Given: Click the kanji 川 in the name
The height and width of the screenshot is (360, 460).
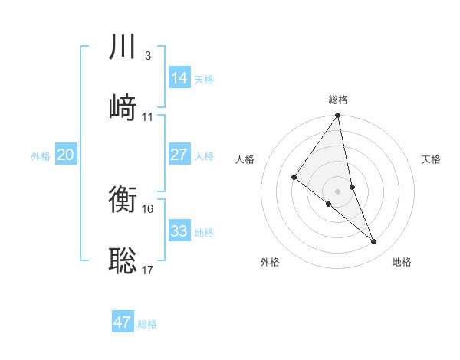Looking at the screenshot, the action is coord(123,47).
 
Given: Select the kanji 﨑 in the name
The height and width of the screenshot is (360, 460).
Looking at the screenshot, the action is coord(123,106).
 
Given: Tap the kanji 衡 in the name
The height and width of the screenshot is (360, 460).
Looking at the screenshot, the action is coord(123,201).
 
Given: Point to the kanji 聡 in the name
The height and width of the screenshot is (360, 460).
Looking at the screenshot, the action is coord(123,260).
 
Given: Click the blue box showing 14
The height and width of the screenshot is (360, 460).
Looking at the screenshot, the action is coord(179,78).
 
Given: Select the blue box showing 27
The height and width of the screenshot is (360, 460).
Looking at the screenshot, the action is coord(179,155).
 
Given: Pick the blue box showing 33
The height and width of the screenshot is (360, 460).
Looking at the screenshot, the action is coord(179,231).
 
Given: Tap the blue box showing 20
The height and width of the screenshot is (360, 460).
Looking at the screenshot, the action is coord(66,155).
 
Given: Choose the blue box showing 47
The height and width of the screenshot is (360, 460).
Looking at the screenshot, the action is coord(123,322).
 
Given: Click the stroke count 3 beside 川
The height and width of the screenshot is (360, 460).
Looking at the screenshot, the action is coord(147,56).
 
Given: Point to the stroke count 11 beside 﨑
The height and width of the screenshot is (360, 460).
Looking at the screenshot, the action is coord(148,116).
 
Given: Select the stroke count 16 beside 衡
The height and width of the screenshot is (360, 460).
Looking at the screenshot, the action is coord(148,209).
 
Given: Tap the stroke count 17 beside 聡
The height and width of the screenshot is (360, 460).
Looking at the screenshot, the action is coord(148,270).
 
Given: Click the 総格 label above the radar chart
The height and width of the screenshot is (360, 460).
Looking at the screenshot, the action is coord(338,100).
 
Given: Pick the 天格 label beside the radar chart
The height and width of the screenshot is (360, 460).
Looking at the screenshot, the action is coord(432,159).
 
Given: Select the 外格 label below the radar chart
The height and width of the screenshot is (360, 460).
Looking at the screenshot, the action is coord(270,262).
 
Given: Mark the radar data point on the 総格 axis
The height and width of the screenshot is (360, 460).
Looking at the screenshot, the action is coord(338,116).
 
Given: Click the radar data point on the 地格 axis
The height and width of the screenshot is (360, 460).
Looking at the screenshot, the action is coord(374,241).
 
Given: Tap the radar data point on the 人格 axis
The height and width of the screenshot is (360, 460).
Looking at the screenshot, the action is coord(294,178).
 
